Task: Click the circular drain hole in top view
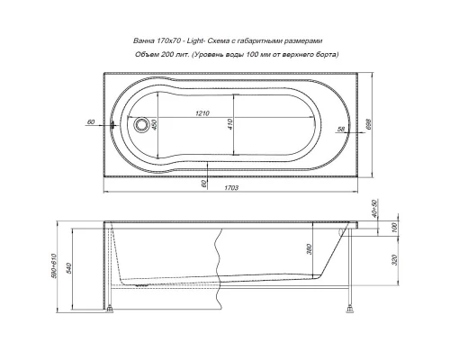coord(140,125)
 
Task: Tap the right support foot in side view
coord(347,311)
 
